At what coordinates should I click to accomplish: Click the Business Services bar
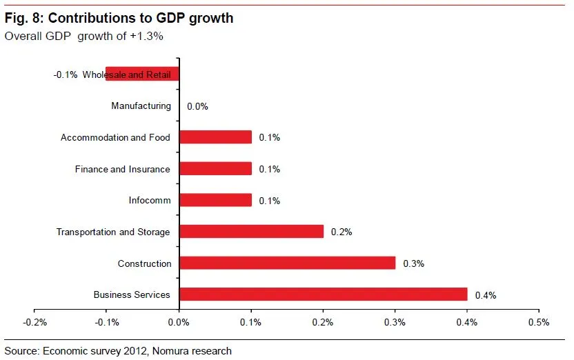coord(323,294)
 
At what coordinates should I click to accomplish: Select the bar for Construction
coord(287,263)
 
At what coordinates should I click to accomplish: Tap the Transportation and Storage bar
coord(251,232)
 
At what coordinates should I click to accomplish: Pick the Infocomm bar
coord(215,200)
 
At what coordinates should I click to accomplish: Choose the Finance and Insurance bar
coord(215,169)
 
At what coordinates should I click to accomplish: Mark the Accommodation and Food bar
coord(215,137)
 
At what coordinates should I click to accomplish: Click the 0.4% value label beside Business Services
coord(486,295)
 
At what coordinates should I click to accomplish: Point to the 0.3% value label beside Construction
coord(413,263)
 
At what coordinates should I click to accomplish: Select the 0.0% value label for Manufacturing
coord(197,107)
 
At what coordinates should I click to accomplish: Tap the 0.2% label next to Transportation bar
coord(342,232)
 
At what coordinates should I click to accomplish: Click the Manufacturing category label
coord(141,106)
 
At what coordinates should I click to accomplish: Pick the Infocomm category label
coord(149,201)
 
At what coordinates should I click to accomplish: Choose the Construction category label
coord(143,263)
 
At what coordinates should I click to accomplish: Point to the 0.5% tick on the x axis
coord(538,322)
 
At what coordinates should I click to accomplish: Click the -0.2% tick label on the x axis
coord(34,322)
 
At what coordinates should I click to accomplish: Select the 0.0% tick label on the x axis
coord(179,322)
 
